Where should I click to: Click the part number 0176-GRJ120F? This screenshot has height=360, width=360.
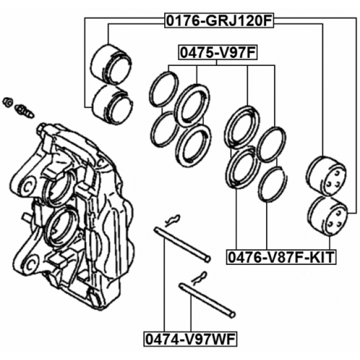[x=219, y=21]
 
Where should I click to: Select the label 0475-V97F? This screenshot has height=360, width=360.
[x=217, y=53]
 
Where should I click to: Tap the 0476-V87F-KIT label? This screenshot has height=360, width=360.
[x=281, y=258]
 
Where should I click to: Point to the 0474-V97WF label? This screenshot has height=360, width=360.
[x=190, y=339]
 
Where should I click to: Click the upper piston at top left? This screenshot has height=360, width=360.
[x=111, y=66]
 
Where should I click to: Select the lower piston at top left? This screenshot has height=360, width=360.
[x=112, y=104]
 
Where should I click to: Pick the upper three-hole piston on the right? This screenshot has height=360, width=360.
[x=326, y=176]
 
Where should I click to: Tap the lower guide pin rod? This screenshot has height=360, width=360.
[x=206, y=300]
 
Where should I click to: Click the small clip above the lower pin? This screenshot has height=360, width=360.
[x=199, y=277]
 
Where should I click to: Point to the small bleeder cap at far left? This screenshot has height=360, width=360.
[x=8, y=101]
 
